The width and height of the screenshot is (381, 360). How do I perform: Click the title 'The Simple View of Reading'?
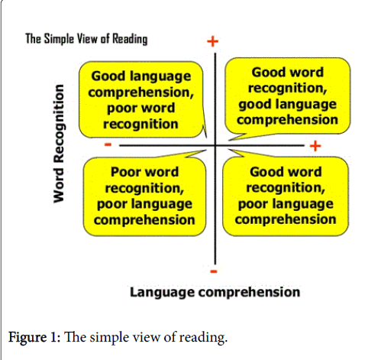click(86, 39)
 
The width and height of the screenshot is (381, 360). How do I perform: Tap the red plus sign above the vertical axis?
click(213, 41)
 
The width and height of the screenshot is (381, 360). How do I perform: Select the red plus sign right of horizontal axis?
click(315, 146)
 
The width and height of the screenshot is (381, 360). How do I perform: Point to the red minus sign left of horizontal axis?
click(108, 144)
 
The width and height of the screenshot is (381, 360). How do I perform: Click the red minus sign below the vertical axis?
click(214, 271)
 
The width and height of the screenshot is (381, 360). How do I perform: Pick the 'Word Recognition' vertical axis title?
click(59, 144)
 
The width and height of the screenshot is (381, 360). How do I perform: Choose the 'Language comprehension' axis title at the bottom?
click(215, 293)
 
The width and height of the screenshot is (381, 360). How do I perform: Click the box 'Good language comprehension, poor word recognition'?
click(140, 99)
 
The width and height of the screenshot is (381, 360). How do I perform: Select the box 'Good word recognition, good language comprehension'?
click(288, 96)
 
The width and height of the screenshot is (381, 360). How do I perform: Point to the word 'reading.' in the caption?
click(203, 338)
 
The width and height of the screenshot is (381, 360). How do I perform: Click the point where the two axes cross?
click(215, 145)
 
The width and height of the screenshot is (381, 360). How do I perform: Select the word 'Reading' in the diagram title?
click(130, 39)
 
